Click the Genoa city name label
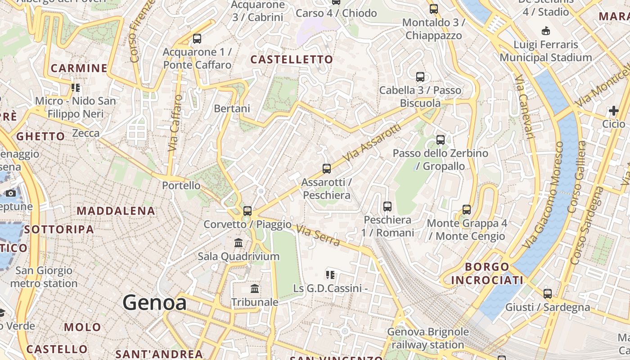[x=154, y=302]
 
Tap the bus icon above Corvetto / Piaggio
[x=247, y=211]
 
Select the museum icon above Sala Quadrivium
[x=239, y=243]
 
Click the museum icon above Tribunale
[x=255, y=288]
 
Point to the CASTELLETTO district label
[x=292, y=59]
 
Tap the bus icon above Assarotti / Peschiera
[x=327, y=169]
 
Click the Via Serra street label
[x=318, y=235]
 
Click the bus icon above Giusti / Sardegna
[x=548, y=294]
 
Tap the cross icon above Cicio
[x=614, y=111]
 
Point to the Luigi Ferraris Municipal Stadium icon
[x=546, y=31]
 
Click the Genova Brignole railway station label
[x=427, y=338]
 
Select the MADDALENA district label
[x=116, y=211]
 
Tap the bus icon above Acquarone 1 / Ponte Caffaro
[x=197, y=39]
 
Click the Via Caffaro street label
[x=175, y=123]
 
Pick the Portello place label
[x=181, y=185]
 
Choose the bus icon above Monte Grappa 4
[x=467, y=209]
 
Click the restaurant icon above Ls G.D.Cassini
[x=330, y=274]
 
